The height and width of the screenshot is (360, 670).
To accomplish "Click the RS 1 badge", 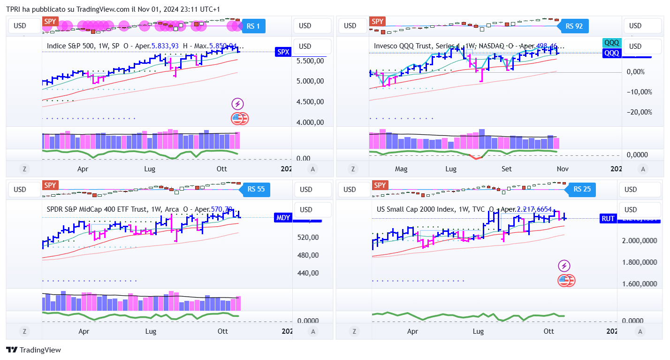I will click(253, 26).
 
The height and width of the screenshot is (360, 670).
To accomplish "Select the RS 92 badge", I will click(574, 26).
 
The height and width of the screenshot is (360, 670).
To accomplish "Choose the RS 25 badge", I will click(582, 190).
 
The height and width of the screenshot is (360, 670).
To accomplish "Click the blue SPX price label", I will click(283, 52).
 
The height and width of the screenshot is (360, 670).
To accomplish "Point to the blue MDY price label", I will click(283, 217).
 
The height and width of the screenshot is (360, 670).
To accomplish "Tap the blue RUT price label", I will click(608, 218).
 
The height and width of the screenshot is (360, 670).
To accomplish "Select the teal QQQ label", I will click(611, 43).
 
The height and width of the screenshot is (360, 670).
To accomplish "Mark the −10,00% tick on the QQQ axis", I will click(639, 92).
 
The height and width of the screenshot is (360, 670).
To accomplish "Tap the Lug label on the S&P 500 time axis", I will click(150, 169).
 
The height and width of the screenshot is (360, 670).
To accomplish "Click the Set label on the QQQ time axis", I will click(506, 169).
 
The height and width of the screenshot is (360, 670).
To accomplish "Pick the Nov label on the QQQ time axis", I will click(562, 169).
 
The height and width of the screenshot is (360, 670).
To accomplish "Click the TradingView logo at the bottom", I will click(33, 350).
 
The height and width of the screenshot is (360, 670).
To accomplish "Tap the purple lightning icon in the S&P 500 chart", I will click(238, 104).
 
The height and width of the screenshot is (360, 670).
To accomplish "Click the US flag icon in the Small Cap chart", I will click(566, 281).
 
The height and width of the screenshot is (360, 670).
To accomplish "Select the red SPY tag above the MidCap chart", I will click(50, 185).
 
